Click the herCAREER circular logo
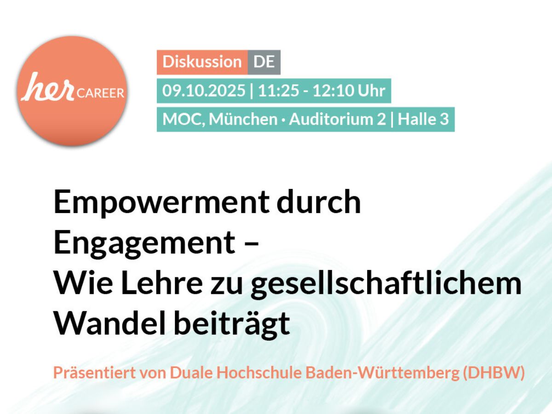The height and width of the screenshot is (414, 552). [x=72, y=91]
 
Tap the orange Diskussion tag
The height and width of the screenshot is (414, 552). [x=202, y=62]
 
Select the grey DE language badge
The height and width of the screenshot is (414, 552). [x=264, y=62]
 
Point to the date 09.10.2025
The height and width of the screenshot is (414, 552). [x=204, y=91]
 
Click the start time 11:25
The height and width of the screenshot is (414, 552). [x=278, y=91]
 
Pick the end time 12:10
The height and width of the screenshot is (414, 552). [x=333, y=91]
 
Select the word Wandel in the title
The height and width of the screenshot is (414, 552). [x=109, y=323]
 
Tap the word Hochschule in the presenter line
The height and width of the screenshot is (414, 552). [x=259, y=373]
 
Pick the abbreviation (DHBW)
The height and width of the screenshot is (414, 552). [x=494, y=373]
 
